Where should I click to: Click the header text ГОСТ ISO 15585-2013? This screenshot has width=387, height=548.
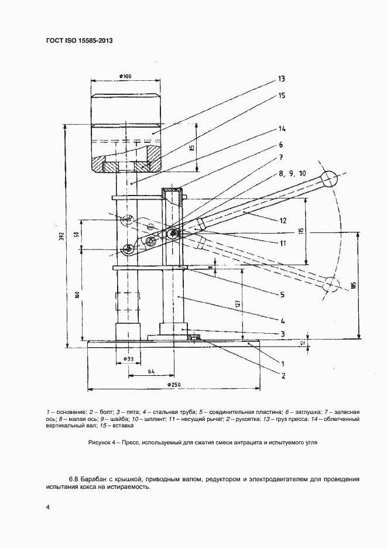click(79, 40)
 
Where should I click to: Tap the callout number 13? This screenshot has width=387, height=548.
click(281, 78)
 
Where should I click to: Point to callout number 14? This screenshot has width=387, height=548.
click(281, 129)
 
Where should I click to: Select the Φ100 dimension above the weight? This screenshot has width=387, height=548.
click(124, 76)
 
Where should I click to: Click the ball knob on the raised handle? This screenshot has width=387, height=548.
click(328, 178)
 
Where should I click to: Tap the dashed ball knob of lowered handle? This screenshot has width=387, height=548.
click(331, 285)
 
